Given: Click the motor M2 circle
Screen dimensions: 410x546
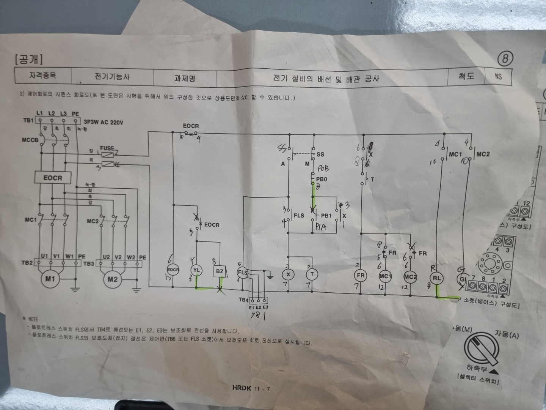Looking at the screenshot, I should click(x=113, y=279).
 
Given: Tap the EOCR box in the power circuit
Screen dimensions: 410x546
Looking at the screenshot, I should click(x=53, y=178).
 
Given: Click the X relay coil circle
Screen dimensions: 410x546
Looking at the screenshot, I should click(x=289, y=274).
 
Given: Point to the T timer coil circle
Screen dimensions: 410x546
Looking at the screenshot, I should click(x=312, y=274).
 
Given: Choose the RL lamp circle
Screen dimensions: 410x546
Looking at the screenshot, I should click(x=437, y=278).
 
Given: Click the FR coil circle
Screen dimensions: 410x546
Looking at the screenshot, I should click(x=361, y=276).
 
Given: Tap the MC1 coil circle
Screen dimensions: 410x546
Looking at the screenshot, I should click(x=385, y=276).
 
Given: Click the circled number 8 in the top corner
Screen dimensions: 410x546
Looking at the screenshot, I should click(x=505, y=59).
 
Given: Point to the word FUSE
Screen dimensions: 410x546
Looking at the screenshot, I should click(x=107, y=148).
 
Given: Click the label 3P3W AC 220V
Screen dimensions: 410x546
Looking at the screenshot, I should click(x=103, y=122).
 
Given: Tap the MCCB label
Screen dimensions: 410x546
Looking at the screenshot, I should click(x=30, y=140).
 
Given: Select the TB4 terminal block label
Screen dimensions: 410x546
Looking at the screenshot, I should click(x=243, y=299).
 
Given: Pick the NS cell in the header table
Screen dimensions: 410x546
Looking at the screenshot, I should click(x=498, y=76).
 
